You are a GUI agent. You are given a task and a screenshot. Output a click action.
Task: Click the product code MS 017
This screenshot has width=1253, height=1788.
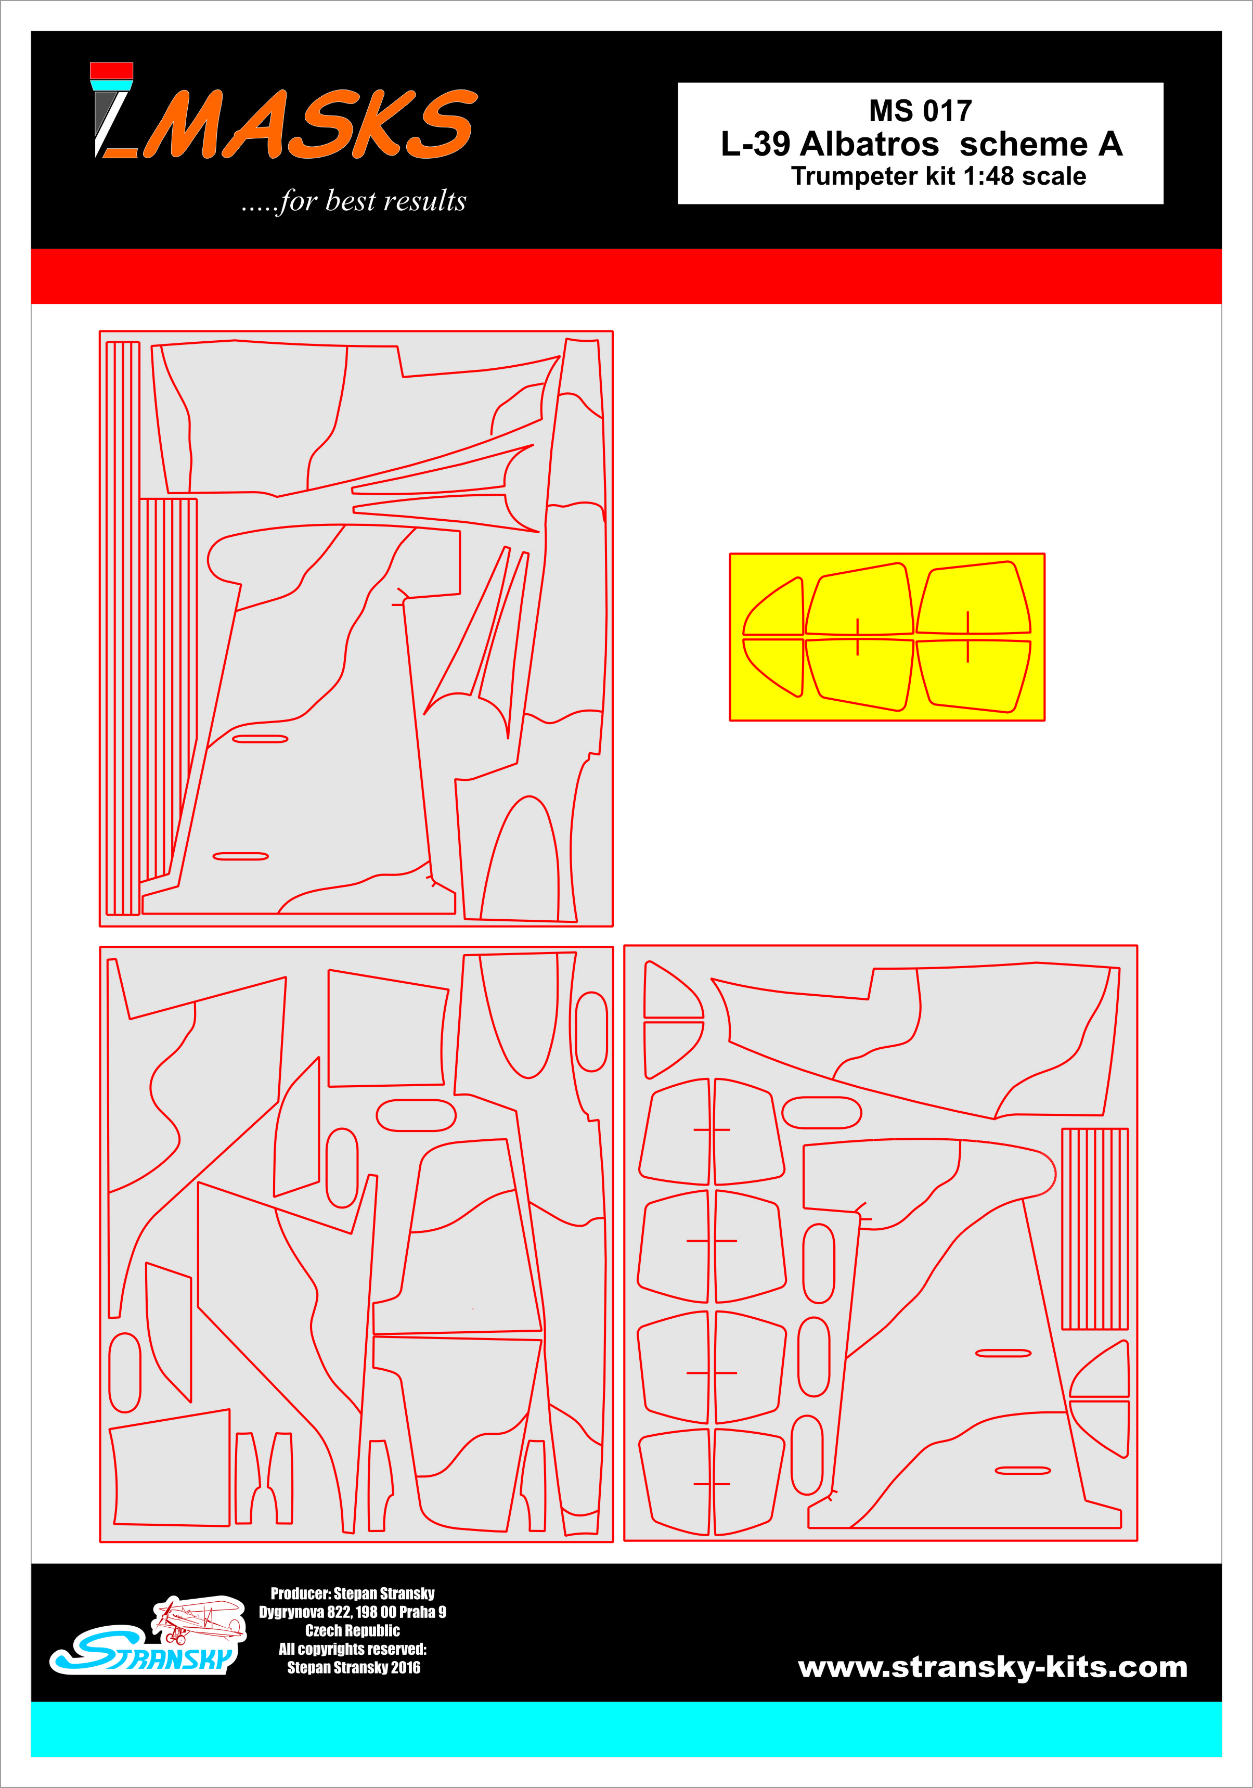921,111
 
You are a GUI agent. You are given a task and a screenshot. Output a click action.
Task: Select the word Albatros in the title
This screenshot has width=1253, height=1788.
869,144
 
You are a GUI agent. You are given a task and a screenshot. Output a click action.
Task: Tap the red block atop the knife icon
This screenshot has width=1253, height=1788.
111,71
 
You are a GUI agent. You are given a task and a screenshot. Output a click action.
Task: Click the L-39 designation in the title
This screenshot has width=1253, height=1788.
755,144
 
